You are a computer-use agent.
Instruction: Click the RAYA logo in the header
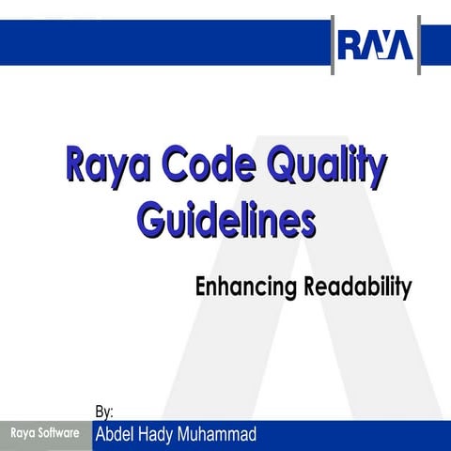376,43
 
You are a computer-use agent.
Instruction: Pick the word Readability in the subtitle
357,287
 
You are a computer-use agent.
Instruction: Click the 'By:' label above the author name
104,412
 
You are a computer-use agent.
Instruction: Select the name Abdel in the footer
117,435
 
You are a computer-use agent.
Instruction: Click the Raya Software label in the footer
44,434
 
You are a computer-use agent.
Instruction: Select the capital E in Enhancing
201,287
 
